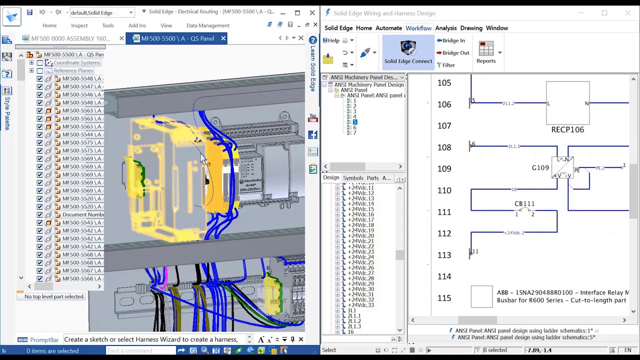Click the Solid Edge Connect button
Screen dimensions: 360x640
pyautogui.click(x=408, y=52)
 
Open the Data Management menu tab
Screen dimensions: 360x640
pyautogui.click(x=207, y=25)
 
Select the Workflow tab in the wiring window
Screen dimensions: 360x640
pyautogui.click(x=418, y=28)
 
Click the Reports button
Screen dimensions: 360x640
pyautogui.click(x=485, y=52)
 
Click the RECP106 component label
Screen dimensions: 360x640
pyautogui.click(x=567, y=129)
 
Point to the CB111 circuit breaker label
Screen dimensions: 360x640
pyautogui.click(x=524, y=203)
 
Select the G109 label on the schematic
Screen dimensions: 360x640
pyautogui.click(x=540, y=168)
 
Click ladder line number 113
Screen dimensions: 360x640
pyautogui.click(x=444, y=255)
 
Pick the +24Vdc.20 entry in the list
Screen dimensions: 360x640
pyautogui.click(x=360, y=235)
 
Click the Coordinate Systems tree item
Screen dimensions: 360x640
pyautogui.click(x=76, y=62)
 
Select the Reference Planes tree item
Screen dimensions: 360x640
pyautogui.click(x=73, y=70)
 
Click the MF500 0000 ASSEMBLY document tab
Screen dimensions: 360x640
pyautogui.click(x=70, y=38)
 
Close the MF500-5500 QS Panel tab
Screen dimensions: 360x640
pyautogui.click(x=223, y=38)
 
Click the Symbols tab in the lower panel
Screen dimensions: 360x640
pyautogui.click(x=352, y=178)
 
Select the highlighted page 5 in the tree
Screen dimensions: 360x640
pyautogui.click(x=354, y=122)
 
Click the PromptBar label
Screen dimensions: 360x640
pyautogui.click(x=44, y=339)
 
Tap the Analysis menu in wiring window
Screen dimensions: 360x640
pyautogui.click(x=445, y=28)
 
